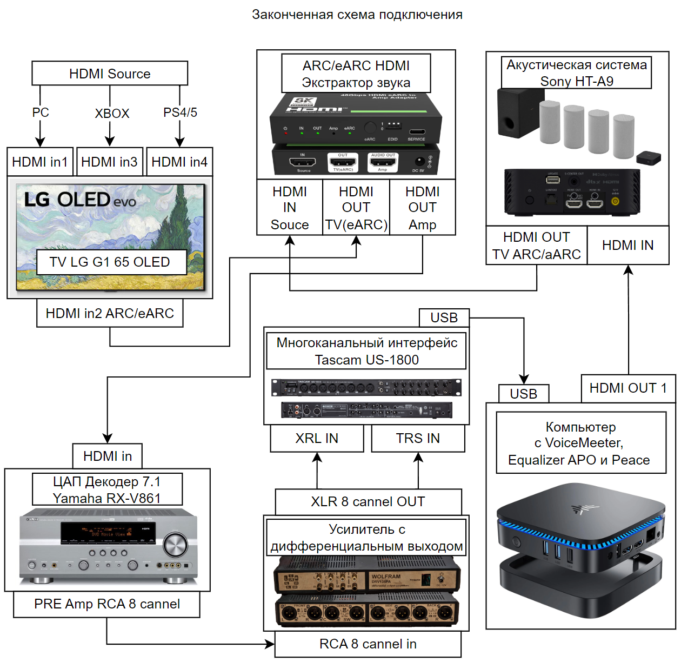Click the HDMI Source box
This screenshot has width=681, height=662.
tap(110, 73)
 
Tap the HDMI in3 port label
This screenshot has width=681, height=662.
tap(110, 162)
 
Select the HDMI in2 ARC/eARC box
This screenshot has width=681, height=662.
tap(110, 314)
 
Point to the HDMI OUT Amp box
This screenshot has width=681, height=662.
tap(423, 208)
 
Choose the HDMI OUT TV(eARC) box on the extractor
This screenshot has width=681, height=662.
tap(356, 208)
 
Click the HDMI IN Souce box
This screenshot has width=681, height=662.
tap(290, 208)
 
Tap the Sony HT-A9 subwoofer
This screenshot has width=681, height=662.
tap(514, 113)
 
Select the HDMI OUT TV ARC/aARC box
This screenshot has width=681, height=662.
tap(537, 246)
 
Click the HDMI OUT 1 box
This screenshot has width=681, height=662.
tap(628, 388)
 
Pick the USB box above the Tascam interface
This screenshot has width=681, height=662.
tap(444, 317)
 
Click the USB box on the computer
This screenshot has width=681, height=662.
tap(523, 394)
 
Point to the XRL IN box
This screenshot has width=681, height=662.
tap(317, 438)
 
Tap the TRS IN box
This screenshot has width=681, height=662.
tap(418, 438)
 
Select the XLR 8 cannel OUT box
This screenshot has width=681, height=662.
tap(368, 502)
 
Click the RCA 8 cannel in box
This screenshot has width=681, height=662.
tap(368, 644)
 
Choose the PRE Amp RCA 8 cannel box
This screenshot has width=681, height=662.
tap(107, 604)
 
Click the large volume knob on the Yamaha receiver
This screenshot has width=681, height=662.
tap(175, 545)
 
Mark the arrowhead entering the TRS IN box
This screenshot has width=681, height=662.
tap(418, 458)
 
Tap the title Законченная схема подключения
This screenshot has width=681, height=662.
tap(357, 15)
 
